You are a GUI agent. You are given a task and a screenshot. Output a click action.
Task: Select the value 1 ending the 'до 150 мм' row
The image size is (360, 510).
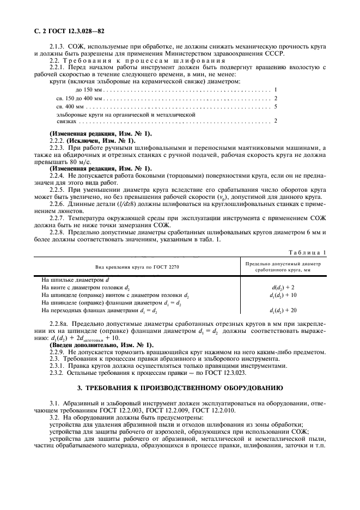[x=276, y=89]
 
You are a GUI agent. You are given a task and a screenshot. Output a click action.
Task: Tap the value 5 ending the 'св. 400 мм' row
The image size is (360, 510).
[x=276, y=106]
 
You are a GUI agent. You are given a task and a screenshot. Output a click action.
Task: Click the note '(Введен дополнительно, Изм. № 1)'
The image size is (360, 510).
[x=101, y=345]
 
